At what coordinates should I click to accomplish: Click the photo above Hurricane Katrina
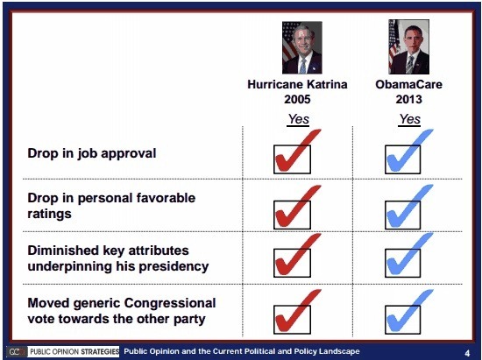tap(298, 47)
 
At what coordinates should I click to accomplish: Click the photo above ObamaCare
tap(409, 47)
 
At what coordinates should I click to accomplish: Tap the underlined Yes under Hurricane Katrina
tap(298, 118)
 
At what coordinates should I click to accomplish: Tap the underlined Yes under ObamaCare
tap(409, 118)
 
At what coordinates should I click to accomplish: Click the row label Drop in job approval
tap(91, 153)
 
